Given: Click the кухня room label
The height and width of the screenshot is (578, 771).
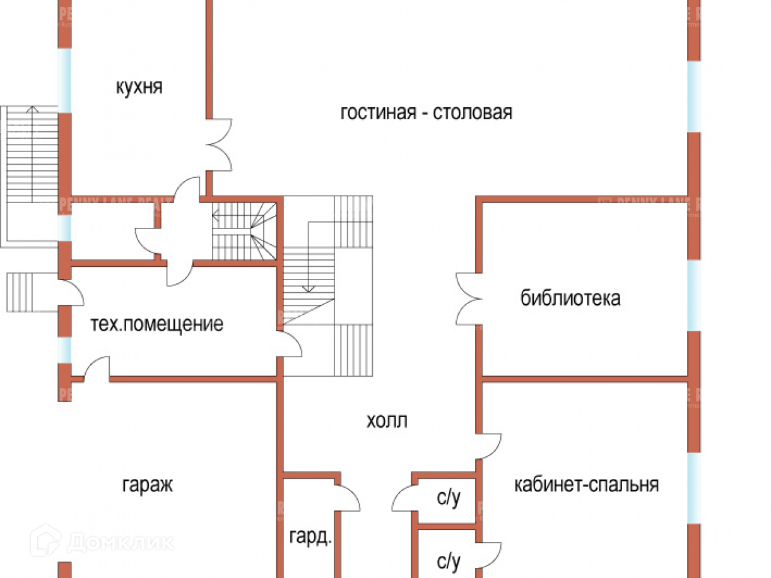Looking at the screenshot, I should tap(139, 87).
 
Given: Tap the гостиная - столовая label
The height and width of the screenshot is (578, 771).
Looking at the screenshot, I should tap(426, 113).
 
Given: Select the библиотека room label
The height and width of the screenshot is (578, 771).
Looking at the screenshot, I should tap(570, 298).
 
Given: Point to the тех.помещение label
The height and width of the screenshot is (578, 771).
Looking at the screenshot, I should tap(156, 325).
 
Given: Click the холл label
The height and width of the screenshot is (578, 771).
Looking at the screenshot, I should tap(386, 421).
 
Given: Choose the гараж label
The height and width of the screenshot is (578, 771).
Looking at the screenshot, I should tap(147, 485).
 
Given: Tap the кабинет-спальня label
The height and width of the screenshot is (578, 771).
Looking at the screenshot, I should tap(587, 485).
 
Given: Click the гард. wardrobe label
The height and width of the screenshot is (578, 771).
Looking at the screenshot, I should tap(310, 538).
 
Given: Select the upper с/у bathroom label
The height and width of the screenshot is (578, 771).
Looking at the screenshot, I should tap(449, 498).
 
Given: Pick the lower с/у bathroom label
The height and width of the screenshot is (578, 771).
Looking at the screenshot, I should tap(449, 561).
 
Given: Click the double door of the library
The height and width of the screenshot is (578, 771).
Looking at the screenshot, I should tap(468, 298).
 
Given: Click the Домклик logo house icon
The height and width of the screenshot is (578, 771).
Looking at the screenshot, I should tap(45, 540).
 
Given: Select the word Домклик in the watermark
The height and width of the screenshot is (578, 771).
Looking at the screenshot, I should tap(120, 541).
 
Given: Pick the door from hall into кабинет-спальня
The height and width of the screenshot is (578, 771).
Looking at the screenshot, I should tap(489, 445).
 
